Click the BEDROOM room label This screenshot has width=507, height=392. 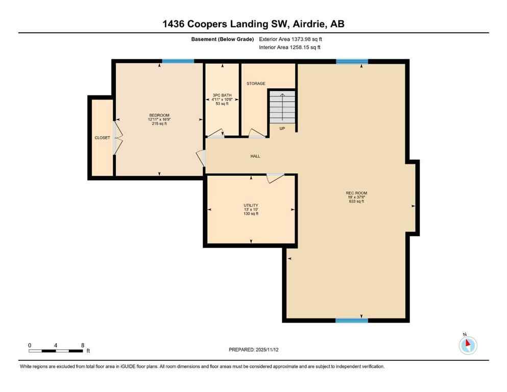click(159, 115)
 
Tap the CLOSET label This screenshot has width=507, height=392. click(102, 138)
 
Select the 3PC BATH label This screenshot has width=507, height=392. click(222, 95)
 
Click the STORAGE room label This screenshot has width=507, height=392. click(256, 84)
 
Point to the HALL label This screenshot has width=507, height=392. click(255, 156)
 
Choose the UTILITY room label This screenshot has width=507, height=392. click(251, 205)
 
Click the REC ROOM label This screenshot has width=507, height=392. click(356, 193)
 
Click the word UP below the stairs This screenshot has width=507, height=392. click(282, 129)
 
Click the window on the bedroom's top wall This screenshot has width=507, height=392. click(178, 62)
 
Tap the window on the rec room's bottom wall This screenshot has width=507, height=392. click(352, 321)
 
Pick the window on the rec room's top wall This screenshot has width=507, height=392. click(352, 62)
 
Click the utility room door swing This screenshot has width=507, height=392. click(276, 178)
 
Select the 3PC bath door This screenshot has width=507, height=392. click(215, 133)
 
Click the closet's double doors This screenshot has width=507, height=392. click(117, 138)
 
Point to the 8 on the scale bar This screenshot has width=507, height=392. click(83, 346)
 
